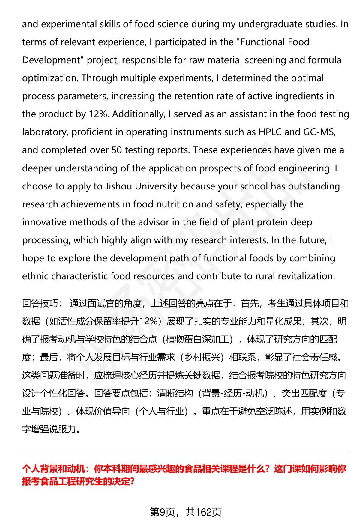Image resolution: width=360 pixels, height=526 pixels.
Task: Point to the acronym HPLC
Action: tap(270, 132)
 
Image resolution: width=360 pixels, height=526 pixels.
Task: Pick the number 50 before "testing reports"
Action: tap(116, 150)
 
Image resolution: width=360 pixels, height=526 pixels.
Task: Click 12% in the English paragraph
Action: tap(98, 114)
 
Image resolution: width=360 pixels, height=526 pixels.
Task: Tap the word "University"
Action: tap(156, 186)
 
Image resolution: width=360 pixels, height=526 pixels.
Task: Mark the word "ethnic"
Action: tap(35, 276)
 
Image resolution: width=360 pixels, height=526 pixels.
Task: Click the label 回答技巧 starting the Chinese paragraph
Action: tap(40, 304)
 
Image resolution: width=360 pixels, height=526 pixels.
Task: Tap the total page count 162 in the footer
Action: tap(204, 512)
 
